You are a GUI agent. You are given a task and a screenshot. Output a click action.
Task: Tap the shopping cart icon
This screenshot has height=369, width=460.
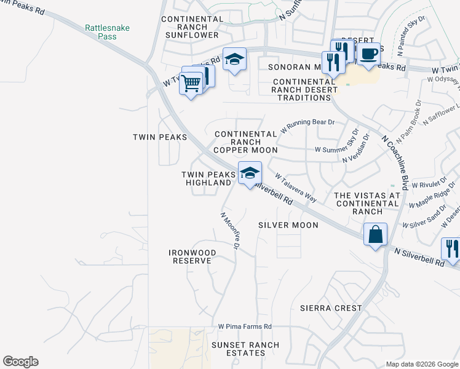pyautogui.click(x=191, y=82)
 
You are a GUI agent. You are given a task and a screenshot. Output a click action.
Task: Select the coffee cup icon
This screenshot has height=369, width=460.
pyautogui.click(x=368, y=54)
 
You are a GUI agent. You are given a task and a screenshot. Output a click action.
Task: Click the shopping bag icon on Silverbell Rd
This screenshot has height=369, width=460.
pyautogui.click(x=375, y=235)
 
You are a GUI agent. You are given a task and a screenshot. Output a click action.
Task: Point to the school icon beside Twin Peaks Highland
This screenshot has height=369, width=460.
pyautogui.click(x=250, y=173)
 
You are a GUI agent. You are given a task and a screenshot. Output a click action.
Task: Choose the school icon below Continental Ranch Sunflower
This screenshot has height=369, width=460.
pyautogui.click(x=234, y=60)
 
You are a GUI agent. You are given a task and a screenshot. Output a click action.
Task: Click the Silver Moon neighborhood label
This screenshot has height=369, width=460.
pyautogui.click(x=288, y=225)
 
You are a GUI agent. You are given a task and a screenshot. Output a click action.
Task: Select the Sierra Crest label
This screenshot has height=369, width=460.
pyautogui.click(x=330, y=307)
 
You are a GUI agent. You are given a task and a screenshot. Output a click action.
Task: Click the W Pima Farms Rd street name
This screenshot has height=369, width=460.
pyautogui.click(x=244, y=327)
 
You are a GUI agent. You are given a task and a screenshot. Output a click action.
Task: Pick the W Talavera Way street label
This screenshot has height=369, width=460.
pyautogui.click(x=296, y=188)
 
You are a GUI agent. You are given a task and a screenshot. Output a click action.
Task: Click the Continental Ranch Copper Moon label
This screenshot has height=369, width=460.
pyautogui.click(x=245, y=141)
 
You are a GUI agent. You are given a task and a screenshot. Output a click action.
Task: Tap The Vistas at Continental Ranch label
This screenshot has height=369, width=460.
pyautogui.click(x=367, y=203)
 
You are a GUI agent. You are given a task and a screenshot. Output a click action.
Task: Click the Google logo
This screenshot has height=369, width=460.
pyautogui.click(x=20, y=362)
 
